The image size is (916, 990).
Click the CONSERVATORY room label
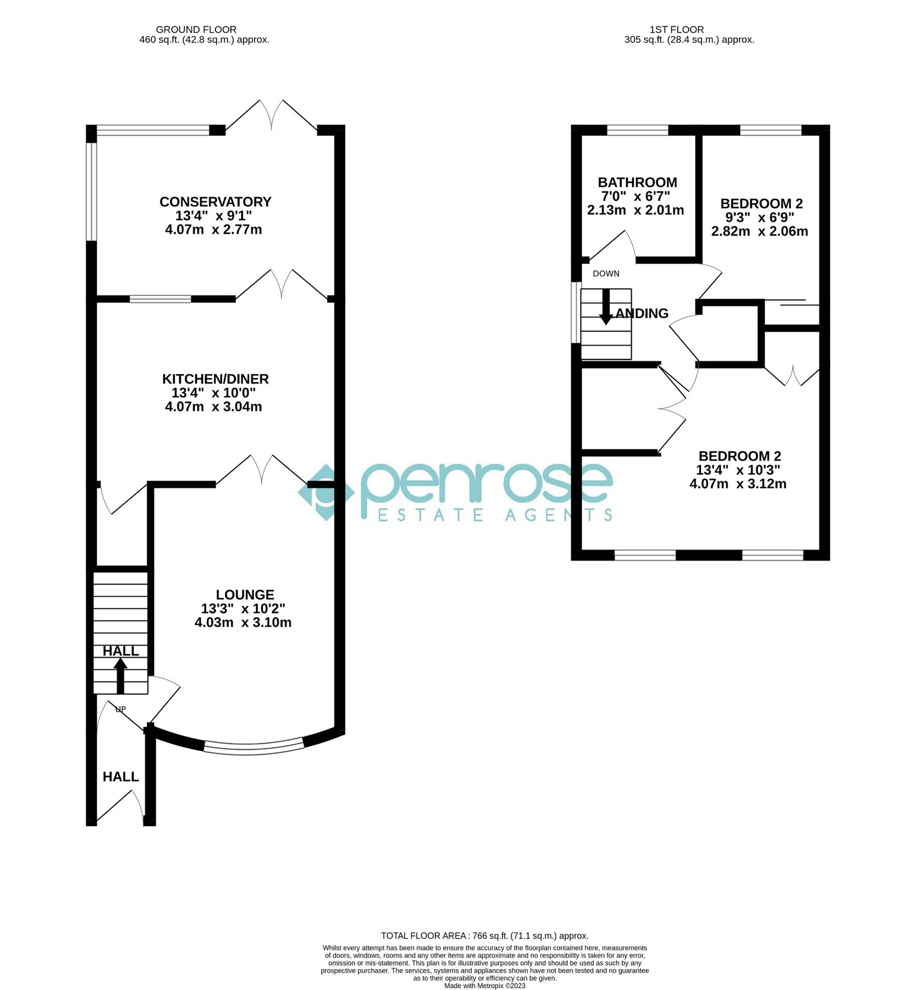click(x=215, y=202)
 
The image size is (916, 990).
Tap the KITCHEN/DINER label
click(x=215, y=379)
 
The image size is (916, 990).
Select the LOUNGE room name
click(x=245, y=595)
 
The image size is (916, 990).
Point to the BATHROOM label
click(x=637, y=182)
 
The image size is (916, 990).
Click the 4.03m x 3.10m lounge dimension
click(x=242, y=623)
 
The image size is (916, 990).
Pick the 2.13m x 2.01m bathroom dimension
click(x=635, y=210)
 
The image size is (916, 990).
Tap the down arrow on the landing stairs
click(x=605, y=307)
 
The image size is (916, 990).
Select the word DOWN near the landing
click(x=606, y=273)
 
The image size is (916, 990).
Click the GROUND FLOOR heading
click(x=196, y=30)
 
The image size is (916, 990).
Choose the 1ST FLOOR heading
click(x=676, y=30)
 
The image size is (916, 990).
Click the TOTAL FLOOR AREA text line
click(x=484, y=936)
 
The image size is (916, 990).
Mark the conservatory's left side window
click(x=91, y=191)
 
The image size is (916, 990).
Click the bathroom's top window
click(x=637, y=130)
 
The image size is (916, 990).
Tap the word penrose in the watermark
click(x=486, y=483)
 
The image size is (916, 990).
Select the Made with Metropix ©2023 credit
click(x=484, y=986)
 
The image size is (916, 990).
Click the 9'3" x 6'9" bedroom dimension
click(x=759, y=217)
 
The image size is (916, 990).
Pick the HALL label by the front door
click(x=120, y=777)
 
